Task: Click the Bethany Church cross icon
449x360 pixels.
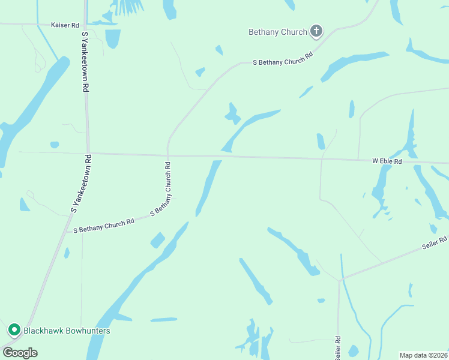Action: [316, 32]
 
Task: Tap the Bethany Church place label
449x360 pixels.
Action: [278, 32]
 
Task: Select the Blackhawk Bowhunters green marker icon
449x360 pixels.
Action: [14, 330]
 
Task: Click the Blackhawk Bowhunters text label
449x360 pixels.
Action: [67, 331]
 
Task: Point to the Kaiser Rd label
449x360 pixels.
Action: [65, 26]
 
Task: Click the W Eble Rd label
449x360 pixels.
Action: [387, 161]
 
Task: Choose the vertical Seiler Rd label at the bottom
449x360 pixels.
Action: [338, 348]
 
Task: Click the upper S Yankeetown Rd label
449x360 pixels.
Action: [85, 61]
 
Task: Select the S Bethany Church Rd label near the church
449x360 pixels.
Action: [283, 59]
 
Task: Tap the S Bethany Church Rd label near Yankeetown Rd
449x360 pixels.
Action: [104, 226]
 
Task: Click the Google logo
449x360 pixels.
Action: [20, 353]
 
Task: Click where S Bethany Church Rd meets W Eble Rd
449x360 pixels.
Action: [169, 155]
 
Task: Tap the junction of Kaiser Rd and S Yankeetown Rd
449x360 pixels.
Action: [85, 25]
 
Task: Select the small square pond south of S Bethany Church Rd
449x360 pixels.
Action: [157, 240]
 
